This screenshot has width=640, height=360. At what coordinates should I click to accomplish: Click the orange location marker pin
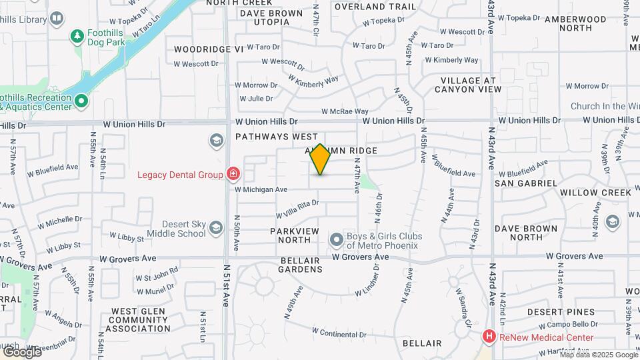tap(320, 159)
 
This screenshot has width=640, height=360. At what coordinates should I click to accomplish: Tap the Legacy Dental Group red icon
tap(233, 175)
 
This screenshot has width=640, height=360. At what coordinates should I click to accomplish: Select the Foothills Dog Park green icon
tap(78, 35)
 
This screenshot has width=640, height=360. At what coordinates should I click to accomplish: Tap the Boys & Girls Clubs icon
tap(336, 239)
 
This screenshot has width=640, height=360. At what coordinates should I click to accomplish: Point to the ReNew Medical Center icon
tap(489, 337)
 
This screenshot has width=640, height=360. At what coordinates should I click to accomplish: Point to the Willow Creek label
tap(595, 193)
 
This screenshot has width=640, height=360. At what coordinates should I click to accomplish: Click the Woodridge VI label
tap(209, 49)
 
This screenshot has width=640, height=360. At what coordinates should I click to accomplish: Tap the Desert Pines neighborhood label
tap(561, 312)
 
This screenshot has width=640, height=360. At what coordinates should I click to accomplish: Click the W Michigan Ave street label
tap(262, 189)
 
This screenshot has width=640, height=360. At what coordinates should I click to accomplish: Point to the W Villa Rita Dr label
tap(297, 209)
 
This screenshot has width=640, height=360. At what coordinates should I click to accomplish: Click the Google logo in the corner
tap(22, 351)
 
